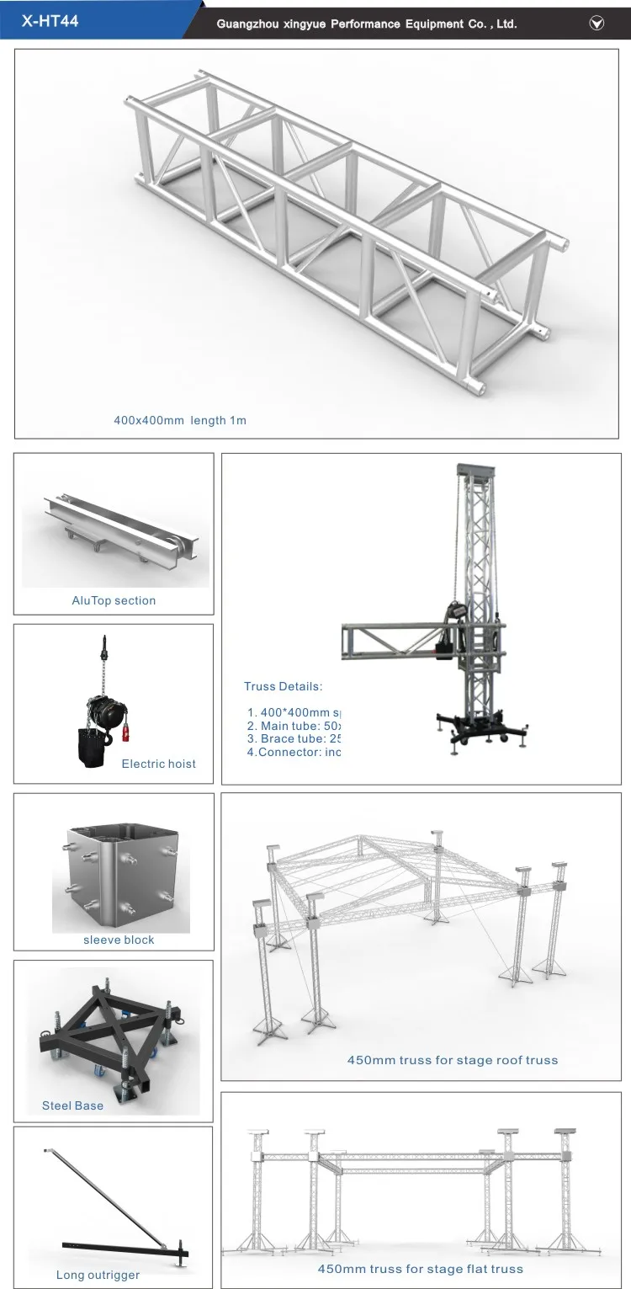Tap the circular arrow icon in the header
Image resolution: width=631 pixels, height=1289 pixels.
[597, 24]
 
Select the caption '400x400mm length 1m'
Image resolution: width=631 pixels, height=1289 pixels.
[180, 419]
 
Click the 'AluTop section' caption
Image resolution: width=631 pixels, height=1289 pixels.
[114, 600]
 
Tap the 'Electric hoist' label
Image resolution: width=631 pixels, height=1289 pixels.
[158, 764]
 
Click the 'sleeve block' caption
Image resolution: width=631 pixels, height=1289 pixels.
[119, 940]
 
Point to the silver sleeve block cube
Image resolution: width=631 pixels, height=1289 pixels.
[118, 876]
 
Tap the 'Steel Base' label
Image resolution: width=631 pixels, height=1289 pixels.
[73, 1105]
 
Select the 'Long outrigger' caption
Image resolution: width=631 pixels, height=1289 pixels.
[98, 1275]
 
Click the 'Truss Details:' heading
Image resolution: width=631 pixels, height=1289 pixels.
[284, 687]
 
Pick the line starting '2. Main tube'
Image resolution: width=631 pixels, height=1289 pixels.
[294, 725]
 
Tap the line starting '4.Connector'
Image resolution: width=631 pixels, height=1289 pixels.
[294, 752]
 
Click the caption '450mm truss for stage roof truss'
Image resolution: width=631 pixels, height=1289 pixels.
[453, 1060]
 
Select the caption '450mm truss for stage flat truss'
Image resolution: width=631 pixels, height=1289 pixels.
[420, 1269]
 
